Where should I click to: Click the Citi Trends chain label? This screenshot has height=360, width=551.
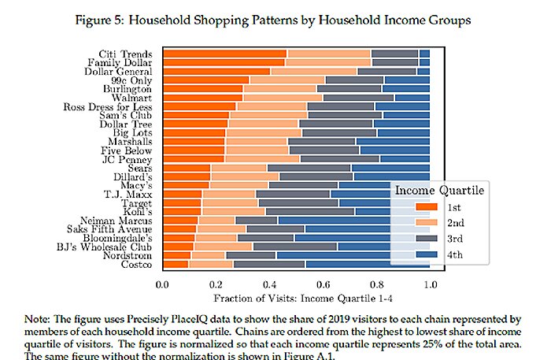131,54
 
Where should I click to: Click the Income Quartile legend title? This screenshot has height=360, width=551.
438,190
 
